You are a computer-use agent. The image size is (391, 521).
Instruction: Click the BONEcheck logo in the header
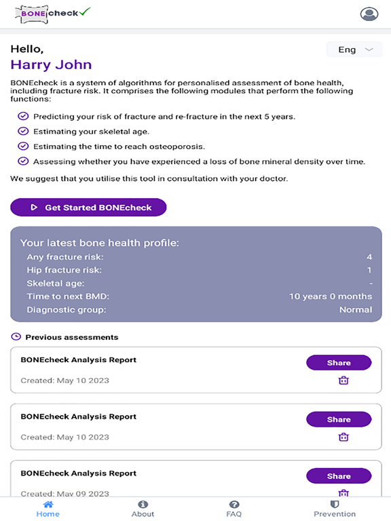(52, 13)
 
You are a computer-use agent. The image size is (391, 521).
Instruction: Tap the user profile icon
(369, 14)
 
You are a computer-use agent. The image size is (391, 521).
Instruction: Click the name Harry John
(51, 65)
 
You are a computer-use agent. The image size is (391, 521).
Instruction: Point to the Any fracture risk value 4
(369, 257)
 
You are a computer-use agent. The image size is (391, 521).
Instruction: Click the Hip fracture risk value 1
(369, 270)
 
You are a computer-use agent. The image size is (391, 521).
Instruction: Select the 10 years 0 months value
(331, 296)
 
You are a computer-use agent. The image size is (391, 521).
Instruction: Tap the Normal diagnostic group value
(356, 309)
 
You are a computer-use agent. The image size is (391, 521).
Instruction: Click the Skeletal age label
(56, 283)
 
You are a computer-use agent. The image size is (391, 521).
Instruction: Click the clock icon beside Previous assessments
(16, 336)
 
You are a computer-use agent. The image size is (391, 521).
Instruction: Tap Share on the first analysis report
(339, 363)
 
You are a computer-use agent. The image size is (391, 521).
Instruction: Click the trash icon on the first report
(343, 381)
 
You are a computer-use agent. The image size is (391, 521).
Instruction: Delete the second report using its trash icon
(343, 438)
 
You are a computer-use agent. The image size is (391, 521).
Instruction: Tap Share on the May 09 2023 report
(339, 476)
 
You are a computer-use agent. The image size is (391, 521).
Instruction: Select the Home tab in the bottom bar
(48, 509)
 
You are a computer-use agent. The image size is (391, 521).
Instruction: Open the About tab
(143, 509)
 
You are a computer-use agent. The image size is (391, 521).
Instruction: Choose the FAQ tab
(234, 509)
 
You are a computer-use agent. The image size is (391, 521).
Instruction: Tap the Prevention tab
(335, 509)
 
